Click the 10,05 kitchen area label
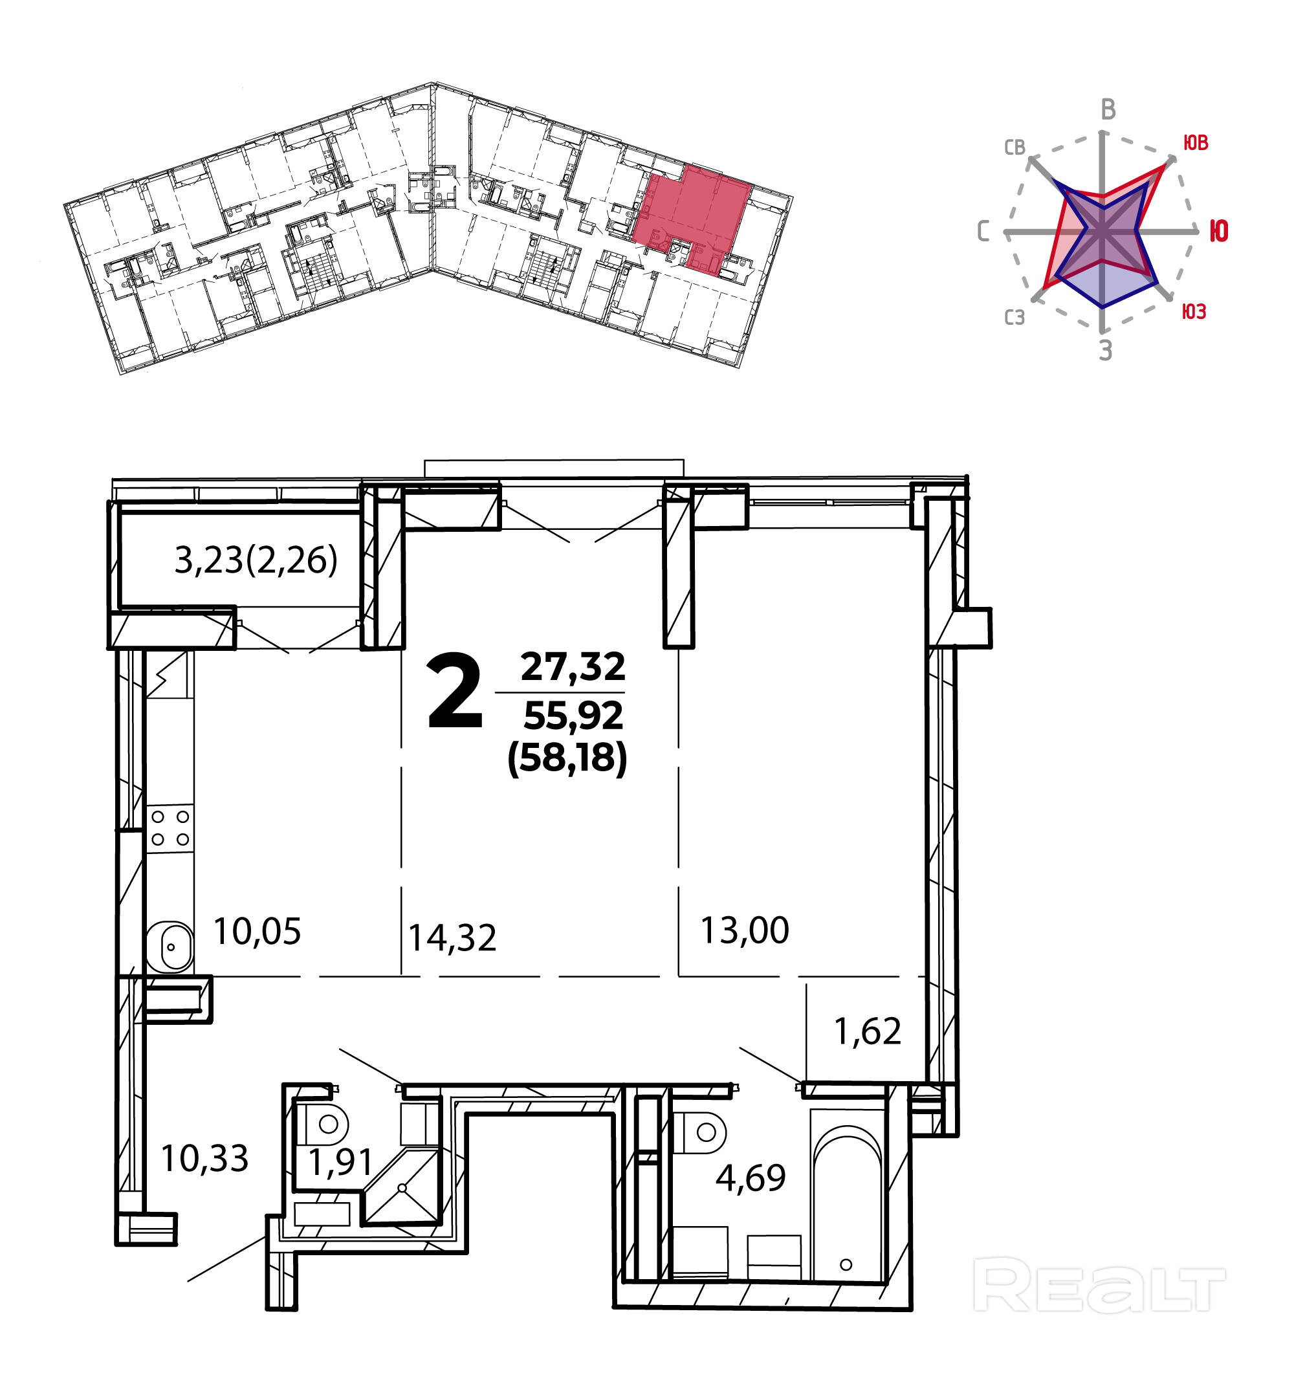[x=257, y=932]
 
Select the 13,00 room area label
[x=744, y=931]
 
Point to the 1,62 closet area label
[x=867, y=1031]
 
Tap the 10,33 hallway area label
[x=204, y=1159]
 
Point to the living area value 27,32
[x=573, y=667]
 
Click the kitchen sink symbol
[x=170, y=946]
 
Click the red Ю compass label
[x=1218, y=231]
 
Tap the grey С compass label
[x=983, y=231]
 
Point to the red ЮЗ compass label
[x=1194, y=312]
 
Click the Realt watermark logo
[x=1099, y=1286]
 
